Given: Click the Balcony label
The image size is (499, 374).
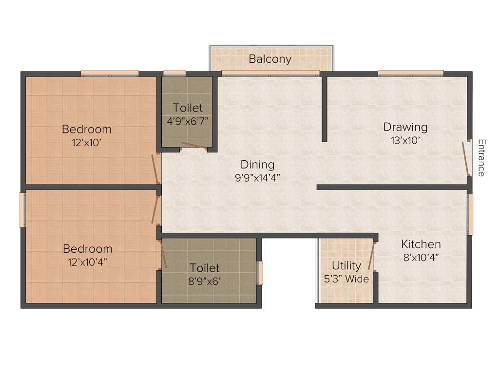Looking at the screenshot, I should coord(270,59).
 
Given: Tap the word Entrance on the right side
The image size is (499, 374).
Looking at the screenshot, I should coord(481,158).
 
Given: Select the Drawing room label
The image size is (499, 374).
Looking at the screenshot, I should coord(405,127).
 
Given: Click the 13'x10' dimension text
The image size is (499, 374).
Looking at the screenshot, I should coord(405,140).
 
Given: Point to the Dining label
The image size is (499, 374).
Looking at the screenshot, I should coord(257,165).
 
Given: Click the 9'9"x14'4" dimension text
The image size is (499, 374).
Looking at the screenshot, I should coord(257,177).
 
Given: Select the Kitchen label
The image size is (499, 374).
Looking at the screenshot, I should coord(421,244).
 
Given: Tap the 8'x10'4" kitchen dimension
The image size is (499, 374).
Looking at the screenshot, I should coord(421,257).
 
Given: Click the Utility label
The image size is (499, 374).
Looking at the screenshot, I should coord(346,266).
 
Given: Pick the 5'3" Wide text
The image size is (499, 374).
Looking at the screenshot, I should coord(346,279).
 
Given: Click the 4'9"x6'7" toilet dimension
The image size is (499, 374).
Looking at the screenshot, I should coord(188,121).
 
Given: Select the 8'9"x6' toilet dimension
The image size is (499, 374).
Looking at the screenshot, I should coord(205,281).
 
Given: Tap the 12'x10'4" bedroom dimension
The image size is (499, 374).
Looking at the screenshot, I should coord(88,262).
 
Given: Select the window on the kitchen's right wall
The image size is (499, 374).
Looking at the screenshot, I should coord(470,214).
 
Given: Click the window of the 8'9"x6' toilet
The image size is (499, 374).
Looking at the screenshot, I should coord(260,273).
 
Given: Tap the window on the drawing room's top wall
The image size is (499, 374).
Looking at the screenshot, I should coord(410,74).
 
